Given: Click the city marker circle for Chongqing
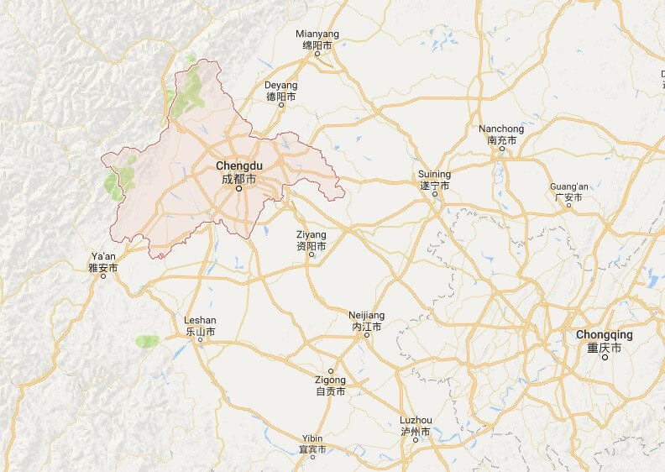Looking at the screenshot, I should click(605, 358).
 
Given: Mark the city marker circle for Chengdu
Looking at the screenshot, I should click(238, 189).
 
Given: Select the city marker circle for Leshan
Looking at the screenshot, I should click(200, 340).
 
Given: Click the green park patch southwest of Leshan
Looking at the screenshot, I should click(147, 340).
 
